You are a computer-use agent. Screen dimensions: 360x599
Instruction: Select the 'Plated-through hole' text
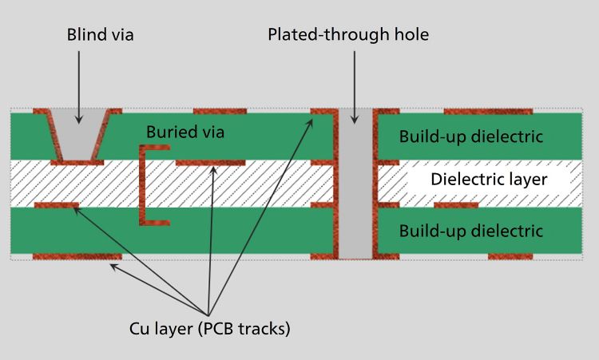[x=348, y=35]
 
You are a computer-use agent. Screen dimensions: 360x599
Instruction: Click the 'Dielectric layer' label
[x=489, y=179]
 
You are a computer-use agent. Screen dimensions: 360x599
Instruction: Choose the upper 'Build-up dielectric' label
[x=471, y=136]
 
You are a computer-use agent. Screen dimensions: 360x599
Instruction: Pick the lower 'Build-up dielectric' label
[x=471, y=231]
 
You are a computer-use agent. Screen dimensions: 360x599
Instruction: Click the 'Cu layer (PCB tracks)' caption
[x=209, y=328]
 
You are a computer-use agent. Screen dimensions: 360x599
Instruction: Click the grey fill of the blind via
[x=78, y=136]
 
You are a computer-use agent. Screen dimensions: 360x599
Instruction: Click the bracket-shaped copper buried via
[x=143, y=184]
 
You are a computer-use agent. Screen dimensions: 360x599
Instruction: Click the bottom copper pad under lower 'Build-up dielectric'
[x=510, y=257]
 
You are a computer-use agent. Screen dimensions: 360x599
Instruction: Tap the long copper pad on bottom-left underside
[x=76, y=257]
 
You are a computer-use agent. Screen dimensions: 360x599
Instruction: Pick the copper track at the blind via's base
[x=77, y=162]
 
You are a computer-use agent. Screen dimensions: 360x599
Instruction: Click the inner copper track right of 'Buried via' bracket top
[x=210, y=162]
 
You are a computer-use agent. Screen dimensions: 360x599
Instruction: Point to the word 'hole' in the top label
[x=412, y=35]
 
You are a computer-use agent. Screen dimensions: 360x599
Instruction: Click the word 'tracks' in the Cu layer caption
[x=264, y=328]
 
